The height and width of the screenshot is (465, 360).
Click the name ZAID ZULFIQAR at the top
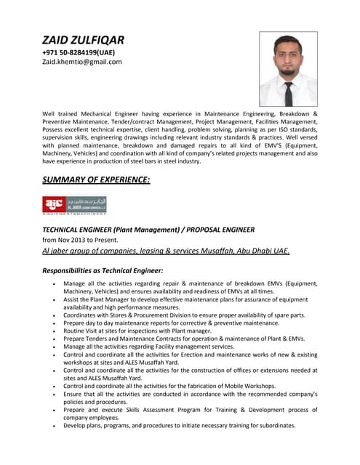[83, 39]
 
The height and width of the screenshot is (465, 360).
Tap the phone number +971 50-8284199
[79, 52]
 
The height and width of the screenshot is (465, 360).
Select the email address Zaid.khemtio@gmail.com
[81, 62]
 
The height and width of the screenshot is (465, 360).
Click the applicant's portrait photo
[288, 70]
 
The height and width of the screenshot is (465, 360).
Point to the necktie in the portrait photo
[289, 93]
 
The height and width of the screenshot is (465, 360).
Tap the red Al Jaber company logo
[55, 204]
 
